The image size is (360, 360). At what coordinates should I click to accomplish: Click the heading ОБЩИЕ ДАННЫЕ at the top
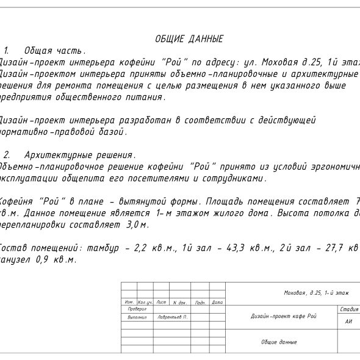[x=189, y=39]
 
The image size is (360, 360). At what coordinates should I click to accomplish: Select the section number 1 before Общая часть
[x=6, y=51]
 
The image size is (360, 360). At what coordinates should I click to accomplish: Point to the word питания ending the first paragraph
[x=145, y=97]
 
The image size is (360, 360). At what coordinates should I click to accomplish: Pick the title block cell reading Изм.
[x=129, y=302]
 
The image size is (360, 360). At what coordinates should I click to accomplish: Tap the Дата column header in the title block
[x=217, y=302]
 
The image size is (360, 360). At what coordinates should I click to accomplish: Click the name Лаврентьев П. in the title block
[x=170, y=317]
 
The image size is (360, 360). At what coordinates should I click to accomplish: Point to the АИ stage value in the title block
[x=348, y=321]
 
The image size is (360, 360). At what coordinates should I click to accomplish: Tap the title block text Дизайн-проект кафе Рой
[x=284, y=316]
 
